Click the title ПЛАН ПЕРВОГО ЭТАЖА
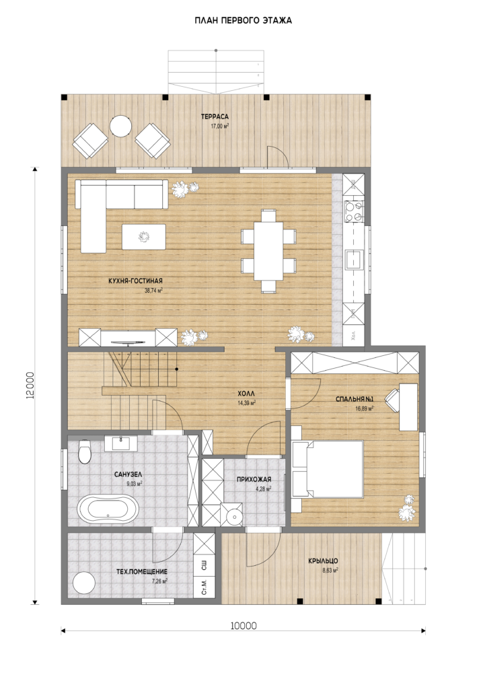[x=243, y=21]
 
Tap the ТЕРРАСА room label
[x=215, y=117]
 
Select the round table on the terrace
[x=120, y=126]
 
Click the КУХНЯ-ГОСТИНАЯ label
[x=135, y=281]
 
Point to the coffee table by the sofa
[x=144, y=237]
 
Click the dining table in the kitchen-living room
[x=268, y=250]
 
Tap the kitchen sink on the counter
[x=354, y=260]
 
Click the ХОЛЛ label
[x=247, y=394]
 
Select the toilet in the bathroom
[x=84, y=451]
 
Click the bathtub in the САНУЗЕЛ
[x=108, y=509]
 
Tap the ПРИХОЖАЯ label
[x=254, y=479]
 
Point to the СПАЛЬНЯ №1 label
[x=354, y=400]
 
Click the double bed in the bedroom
[x=328, y=469]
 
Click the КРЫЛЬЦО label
[x=323, y=561]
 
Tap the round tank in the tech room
[x=83, y=583]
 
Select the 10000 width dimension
[x=243, y=626]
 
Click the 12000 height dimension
[x=30, y=386]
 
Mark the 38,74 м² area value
[x=153, y=291]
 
